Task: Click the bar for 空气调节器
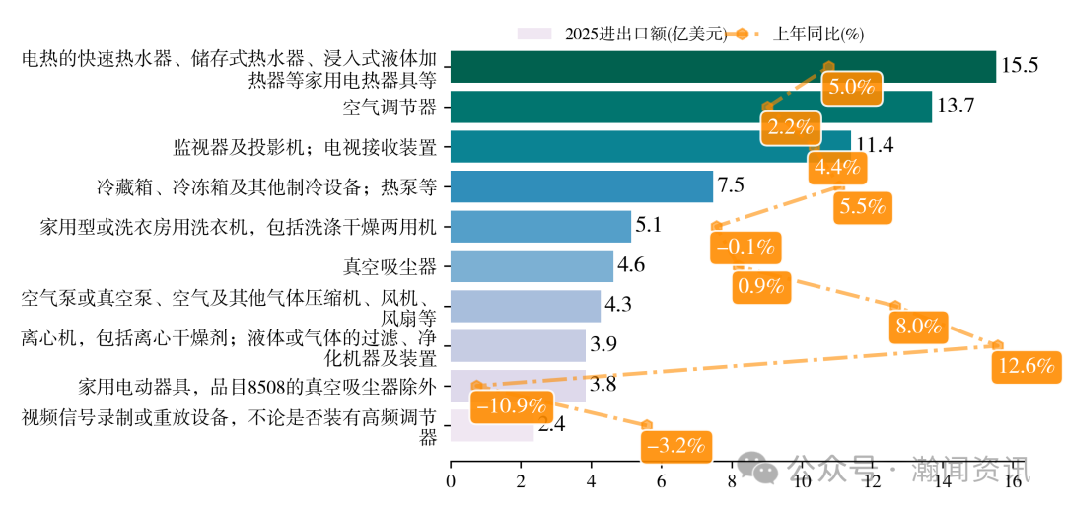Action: (690, 107)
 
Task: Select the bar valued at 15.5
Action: (723, 66)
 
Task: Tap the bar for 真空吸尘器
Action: (532, 265)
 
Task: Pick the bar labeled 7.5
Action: (581, 185)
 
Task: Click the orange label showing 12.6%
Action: (1027, 366)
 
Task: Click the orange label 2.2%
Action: (791, 126)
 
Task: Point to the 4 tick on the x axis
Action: (591, 480)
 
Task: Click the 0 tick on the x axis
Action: (451, 480)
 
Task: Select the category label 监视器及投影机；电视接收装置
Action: (305, 147)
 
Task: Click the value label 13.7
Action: (956, 107)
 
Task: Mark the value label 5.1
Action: (648, 226)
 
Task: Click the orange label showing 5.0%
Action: (851, 87)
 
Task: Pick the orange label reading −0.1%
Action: (745, 247)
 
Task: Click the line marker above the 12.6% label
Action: (998, 345)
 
